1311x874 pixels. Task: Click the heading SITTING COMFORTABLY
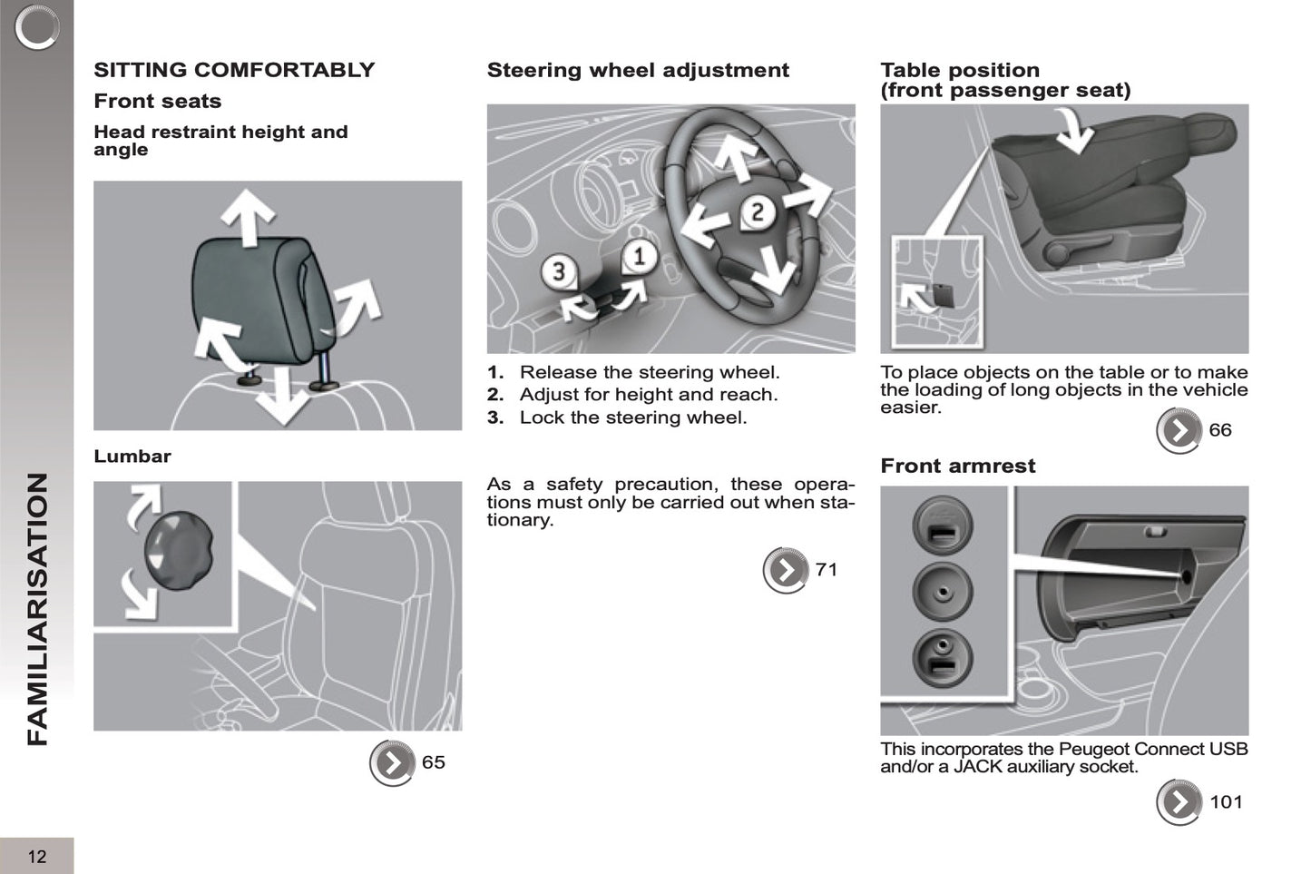coord(234,70)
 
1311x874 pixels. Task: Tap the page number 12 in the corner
coord(37,857)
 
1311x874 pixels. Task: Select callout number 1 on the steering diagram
coord(639,257)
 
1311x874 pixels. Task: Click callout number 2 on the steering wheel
coord(758,211)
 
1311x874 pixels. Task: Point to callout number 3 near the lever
coord(559,271)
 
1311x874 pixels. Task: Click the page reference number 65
coord(434,762)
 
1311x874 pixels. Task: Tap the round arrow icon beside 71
coord(786,570)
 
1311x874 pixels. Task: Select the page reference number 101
coord(1226,801)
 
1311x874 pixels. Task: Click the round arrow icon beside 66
coord(1179,431)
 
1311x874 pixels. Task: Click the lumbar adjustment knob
coord(179,550)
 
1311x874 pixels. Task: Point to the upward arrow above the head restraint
coord(249,217)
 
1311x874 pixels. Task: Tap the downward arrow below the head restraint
coord(283,395)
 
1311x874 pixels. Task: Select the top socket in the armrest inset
coord(943,526)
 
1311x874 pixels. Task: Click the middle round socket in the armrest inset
coord(943,592)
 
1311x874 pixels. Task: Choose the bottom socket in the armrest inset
coord(943,657)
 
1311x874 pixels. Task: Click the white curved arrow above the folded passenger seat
coord(1074,130)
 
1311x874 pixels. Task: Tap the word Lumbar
coord(132,456)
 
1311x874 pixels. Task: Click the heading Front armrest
coord(958,466)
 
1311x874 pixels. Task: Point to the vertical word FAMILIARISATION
coord(37,609)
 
